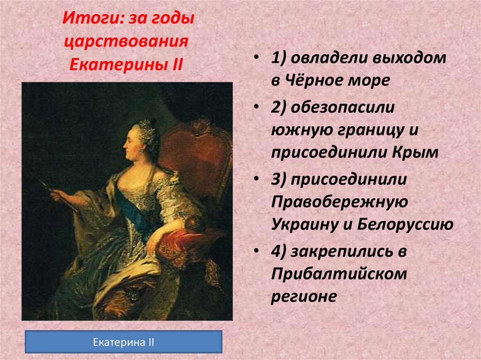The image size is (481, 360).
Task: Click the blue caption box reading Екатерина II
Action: pyautogui.click(x=123, y=342)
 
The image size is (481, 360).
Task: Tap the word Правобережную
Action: pyautogui.click(x=338, y=201)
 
